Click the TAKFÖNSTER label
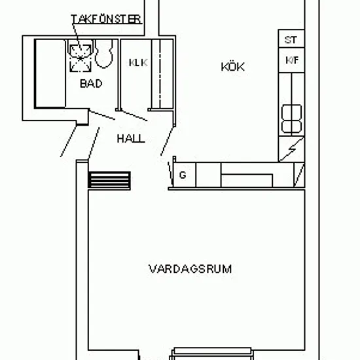106,19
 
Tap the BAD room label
91,84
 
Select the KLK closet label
138,63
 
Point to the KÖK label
232,67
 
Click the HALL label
131,139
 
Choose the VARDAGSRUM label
190,269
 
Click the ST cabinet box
291,39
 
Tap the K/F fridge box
291,60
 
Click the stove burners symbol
291,118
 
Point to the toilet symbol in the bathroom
104,54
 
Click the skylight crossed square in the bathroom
81,58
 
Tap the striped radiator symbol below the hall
109,181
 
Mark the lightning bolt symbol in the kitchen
292,149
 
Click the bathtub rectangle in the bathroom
50,73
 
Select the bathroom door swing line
102,115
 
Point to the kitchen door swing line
168,141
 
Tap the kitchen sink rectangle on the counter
247,181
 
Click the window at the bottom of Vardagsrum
212,354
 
